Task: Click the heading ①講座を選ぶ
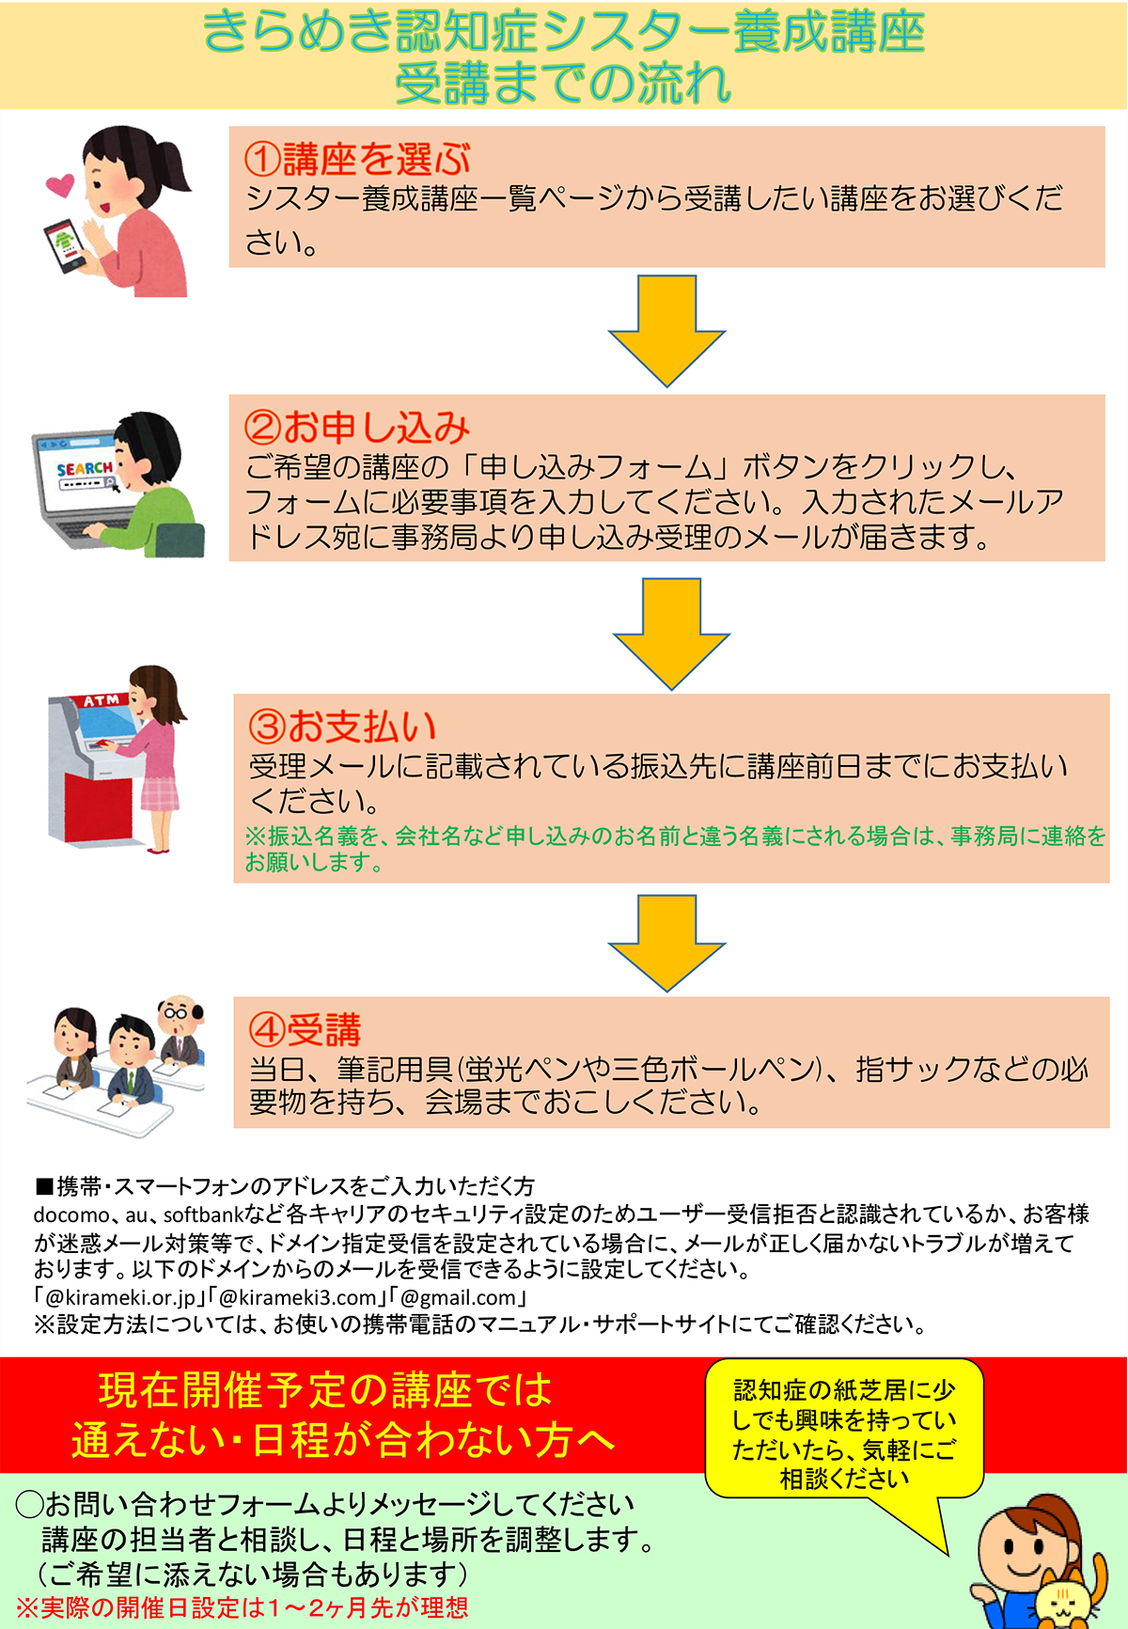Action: (x=357, y=159)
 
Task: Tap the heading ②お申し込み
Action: (x=357, y=428)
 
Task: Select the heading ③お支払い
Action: (x=343, y=727)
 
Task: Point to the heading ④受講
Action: (x=305, y=1030)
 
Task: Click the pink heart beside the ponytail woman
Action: (x=60, y=184)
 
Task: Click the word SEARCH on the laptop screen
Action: (x=85, y=468)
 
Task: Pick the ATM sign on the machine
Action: (x=102, y=700)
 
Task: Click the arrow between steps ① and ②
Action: (x=666, y=331)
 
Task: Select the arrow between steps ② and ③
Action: (x=671, y=634)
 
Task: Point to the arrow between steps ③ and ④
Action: (x=666, y=943)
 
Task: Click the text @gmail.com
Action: (x=459, y=1297)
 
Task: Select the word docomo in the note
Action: (x=71, y=1214)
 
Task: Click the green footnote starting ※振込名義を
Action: (x=675, y=848)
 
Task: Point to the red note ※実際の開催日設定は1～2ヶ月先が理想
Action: (x=243, y=1607)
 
